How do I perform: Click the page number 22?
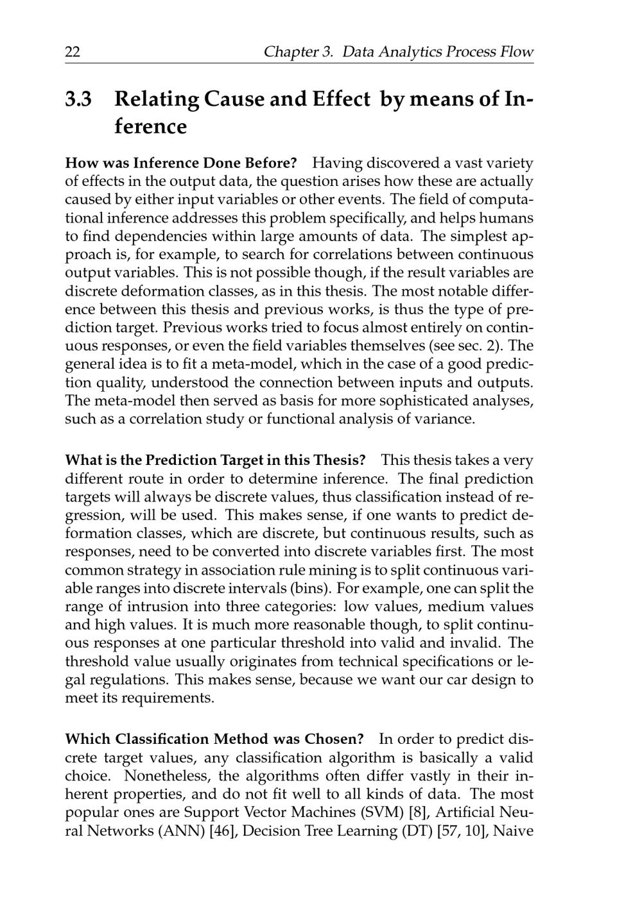[73, 52]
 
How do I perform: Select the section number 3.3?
[79, 99]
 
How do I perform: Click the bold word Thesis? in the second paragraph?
[340, 460]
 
